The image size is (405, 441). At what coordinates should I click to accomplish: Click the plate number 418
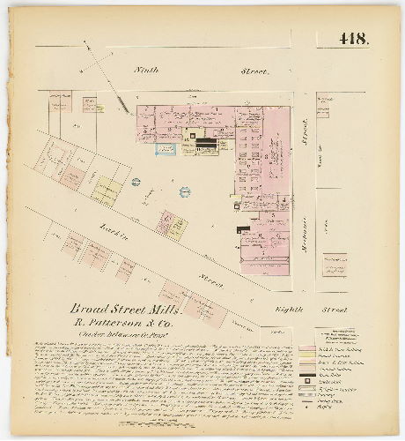click(355, 40)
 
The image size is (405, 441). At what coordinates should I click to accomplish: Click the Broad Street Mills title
click(127, 310)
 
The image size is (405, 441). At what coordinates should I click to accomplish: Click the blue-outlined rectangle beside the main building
click(166, 150)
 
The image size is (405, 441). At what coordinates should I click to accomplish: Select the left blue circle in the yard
click(136, 182)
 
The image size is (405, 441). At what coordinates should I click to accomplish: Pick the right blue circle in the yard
click(185, 191)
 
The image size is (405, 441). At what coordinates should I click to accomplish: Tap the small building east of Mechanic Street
click(334, 263)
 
